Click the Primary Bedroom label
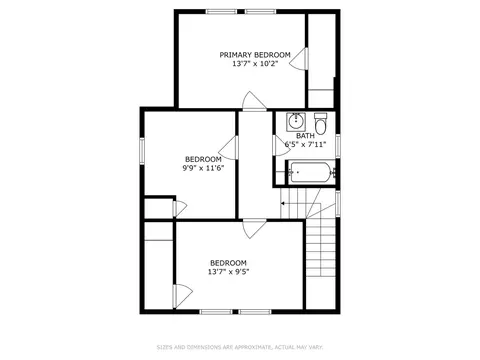[255, 55]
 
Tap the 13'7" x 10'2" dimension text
[255, 63]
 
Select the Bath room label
[305, 136]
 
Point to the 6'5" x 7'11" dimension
[305, 144]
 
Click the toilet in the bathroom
[321, 124]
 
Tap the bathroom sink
[296, 122]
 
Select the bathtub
[311, 172]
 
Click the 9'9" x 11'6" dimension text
[203, 168]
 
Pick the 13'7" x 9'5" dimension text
[229, 272]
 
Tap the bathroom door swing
[282, 146]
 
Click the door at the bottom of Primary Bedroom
[254, 100]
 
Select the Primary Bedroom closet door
[299, 59]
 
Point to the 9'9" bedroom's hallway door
[228, 147]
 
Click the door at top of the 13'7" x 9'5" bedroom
[254, 229]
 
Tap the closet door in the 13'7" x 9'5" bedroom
[183, 296]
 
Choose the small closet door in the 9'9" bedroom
[180, 209]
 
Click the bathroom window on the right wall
[338, 145]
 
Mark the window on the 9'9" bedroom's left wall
[142, 151]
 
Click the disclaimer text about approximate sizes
[240, 347]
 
